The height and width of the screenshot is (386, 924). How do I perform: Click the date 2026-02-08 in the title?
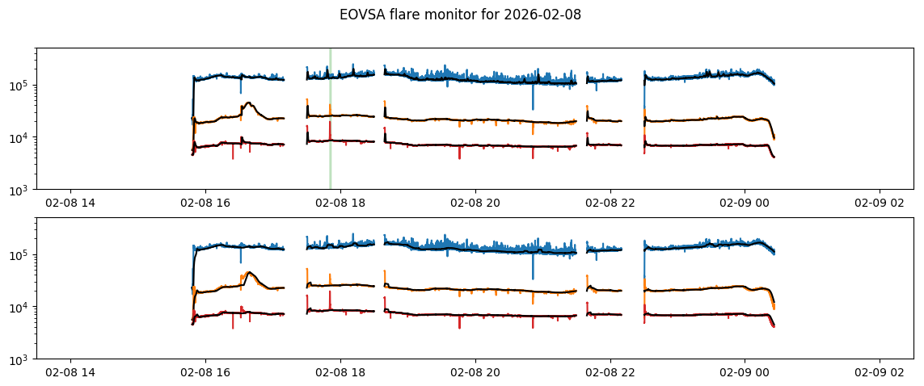point(543,15)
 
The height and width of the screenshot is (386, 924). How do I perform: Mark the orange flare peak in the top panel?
point(248,103)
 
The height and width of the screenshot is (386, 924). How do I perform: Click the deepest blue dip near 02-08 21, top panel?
point(533,108)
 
